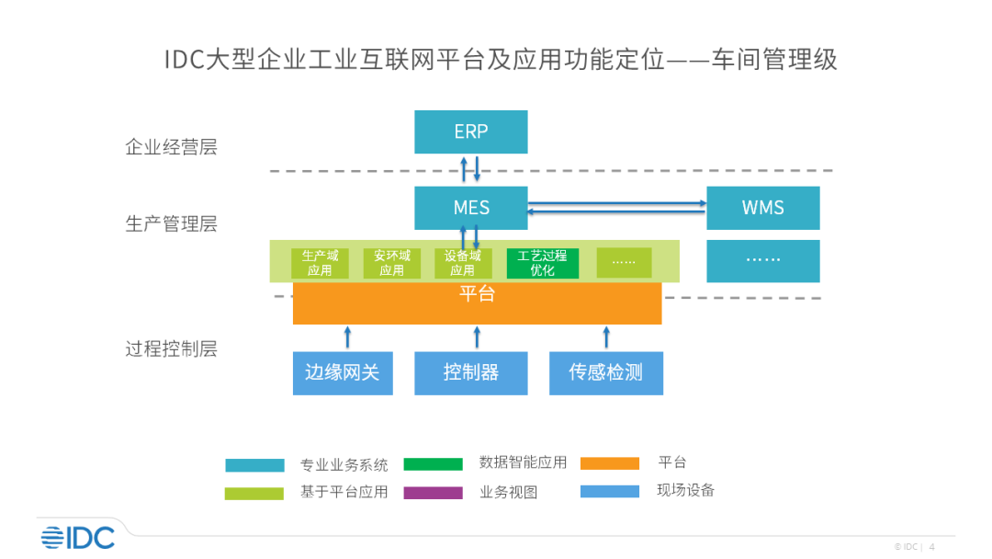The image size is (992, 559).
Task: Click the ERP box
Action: tap(470, 131)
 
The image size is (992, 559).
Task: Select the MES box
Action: tap(470, 208)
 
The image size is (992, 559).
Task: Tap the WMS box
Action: tap(762, 208)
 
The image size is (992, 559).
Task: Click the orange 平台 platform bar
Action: tap(477, 304)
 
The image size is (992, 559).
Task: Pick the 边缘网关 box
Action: tap(343, 372)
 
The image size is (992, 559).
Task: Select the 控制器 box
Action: tap(470, 372)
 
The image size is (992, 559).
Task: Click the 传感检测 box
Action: tap(605, 372)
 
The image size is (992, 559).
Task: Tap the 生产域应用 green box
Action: tap(320, 263)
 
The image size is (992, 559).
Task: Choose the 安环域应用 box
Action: tap(391, 263)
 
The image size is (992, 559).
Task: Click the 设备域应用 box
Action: tap(462, 263)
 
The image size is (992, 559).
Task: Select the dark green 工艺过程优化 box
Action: tap(542, 263)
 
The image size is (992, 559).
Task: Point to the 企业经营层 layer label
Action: tap(171, 147)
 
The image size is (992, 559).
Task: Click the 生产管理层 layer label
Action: tap(171, 223)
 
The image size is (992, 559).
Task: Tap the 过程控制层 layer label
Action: tap(171, 348)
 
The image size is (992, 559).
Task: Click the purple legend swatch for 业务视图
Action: tap(433, 493)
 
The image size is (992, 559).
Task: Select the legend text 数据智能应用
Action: tap(523, 462)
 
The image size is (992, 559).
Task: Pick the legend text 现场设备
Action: tap(685, 490)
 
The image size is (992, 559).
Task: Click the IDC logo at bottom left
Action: tap(78, 537)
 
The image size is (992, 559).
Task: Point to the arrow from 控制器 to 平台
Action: tap(476, 337)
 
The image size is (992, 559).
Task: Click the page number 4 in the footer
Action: tap(932, 546)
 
